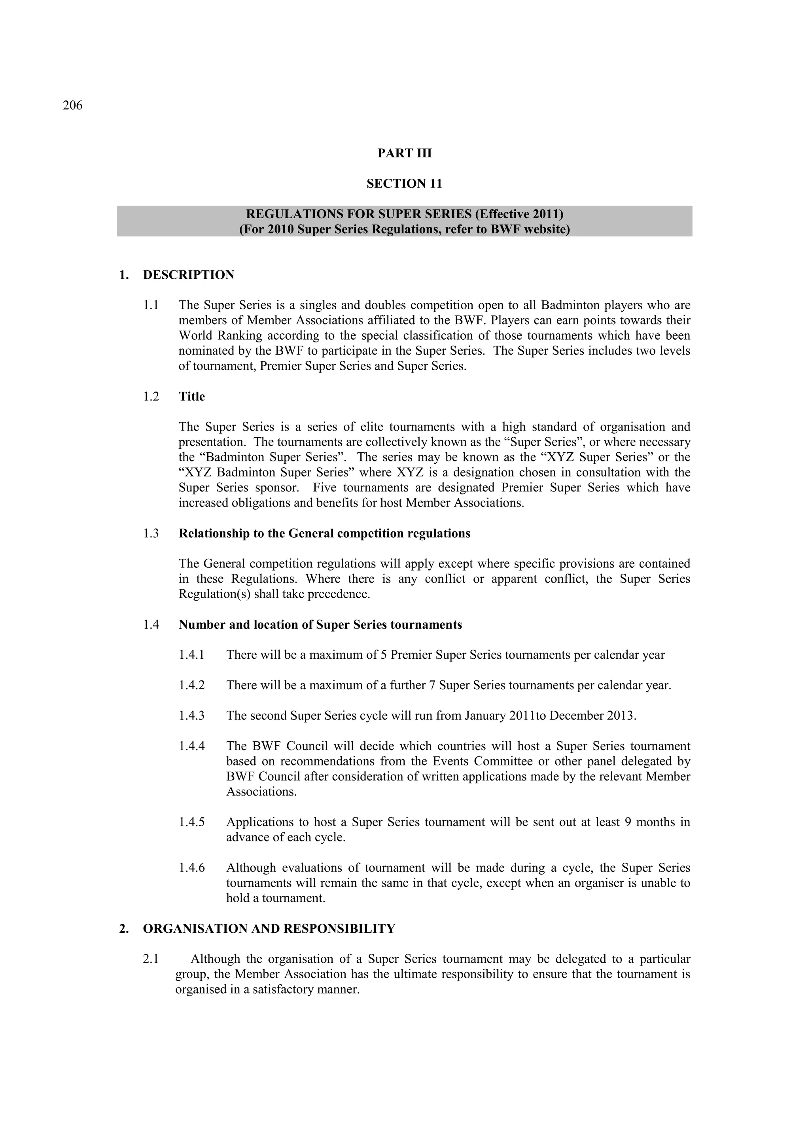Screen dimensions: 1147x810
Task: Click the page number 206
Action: pos(72,106)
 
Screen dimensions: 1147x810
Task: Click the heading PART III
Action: pos(404,153)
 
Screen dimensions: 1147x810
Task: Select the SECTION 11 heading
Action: pos(404,184)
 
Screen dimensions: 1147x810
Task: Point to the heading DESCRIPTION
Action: pos(188,275)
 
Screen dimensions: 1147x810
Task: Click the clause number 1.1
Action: pos(151,305)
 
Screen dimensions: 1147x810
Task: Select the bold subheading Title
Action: pos(192,397)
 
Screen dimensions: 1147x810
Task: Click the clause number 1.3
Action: pos(151,533)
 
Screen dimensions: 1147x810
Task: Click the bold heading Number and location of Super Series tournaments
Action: pos(320,625)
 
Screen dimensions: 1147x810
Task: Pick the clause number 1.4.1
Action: pos(192,655)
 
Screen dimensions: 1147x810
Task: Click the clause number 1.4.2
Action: pos(192,686)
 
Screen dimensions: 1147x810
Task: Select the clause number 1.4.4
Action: pos(192,746)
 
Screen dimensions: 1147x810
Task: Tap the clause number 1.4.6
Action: pos(192,868)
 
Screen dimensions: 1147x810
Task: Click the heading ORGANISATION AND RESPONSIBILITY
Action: pos(269,929)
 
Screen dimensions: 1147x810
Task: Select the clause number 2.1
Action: pos(151,959)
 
